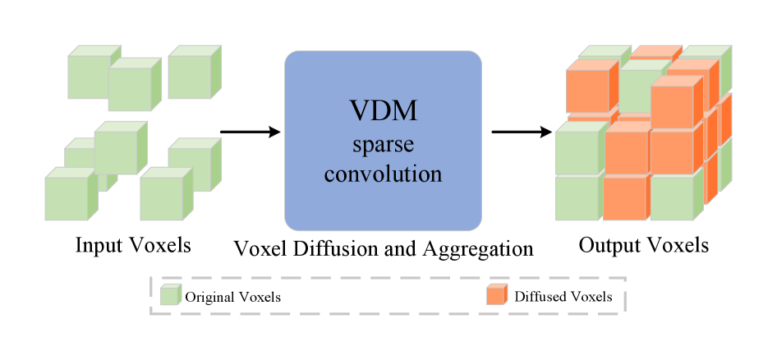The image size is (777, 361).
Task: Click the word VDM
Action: pyautogui.click(x=383, y=111)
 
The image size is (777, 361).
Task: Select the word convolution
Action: pyautogui.click(x=383, y=174)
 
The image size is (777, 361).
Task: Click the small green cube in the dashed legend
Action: pyautogui.click(x=170, y=294)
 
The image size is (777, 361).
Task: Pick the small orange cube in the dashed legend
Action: pyautogui.click(x=496, y=294)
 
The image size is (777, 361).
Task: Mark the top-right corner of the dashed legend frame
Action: pyautogui.click(x=626, y=278)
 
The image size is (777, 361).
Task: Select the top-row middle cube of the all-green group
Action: pyautogui.click(x=130, y=89)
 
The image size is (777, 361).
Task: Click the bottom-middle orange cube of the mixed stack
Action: pyautogui.click(x=624, y=198)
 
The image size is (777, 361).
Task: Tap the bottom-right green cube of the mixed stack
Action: pyautogui.click(x=672, y=198)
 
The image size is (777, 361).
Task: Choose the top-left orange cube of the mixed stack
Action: pyautogui.click(x=586, y=92)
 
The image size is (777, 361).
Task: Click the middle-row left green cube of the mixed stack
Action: pyautogui.click(x=577, y=153)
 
